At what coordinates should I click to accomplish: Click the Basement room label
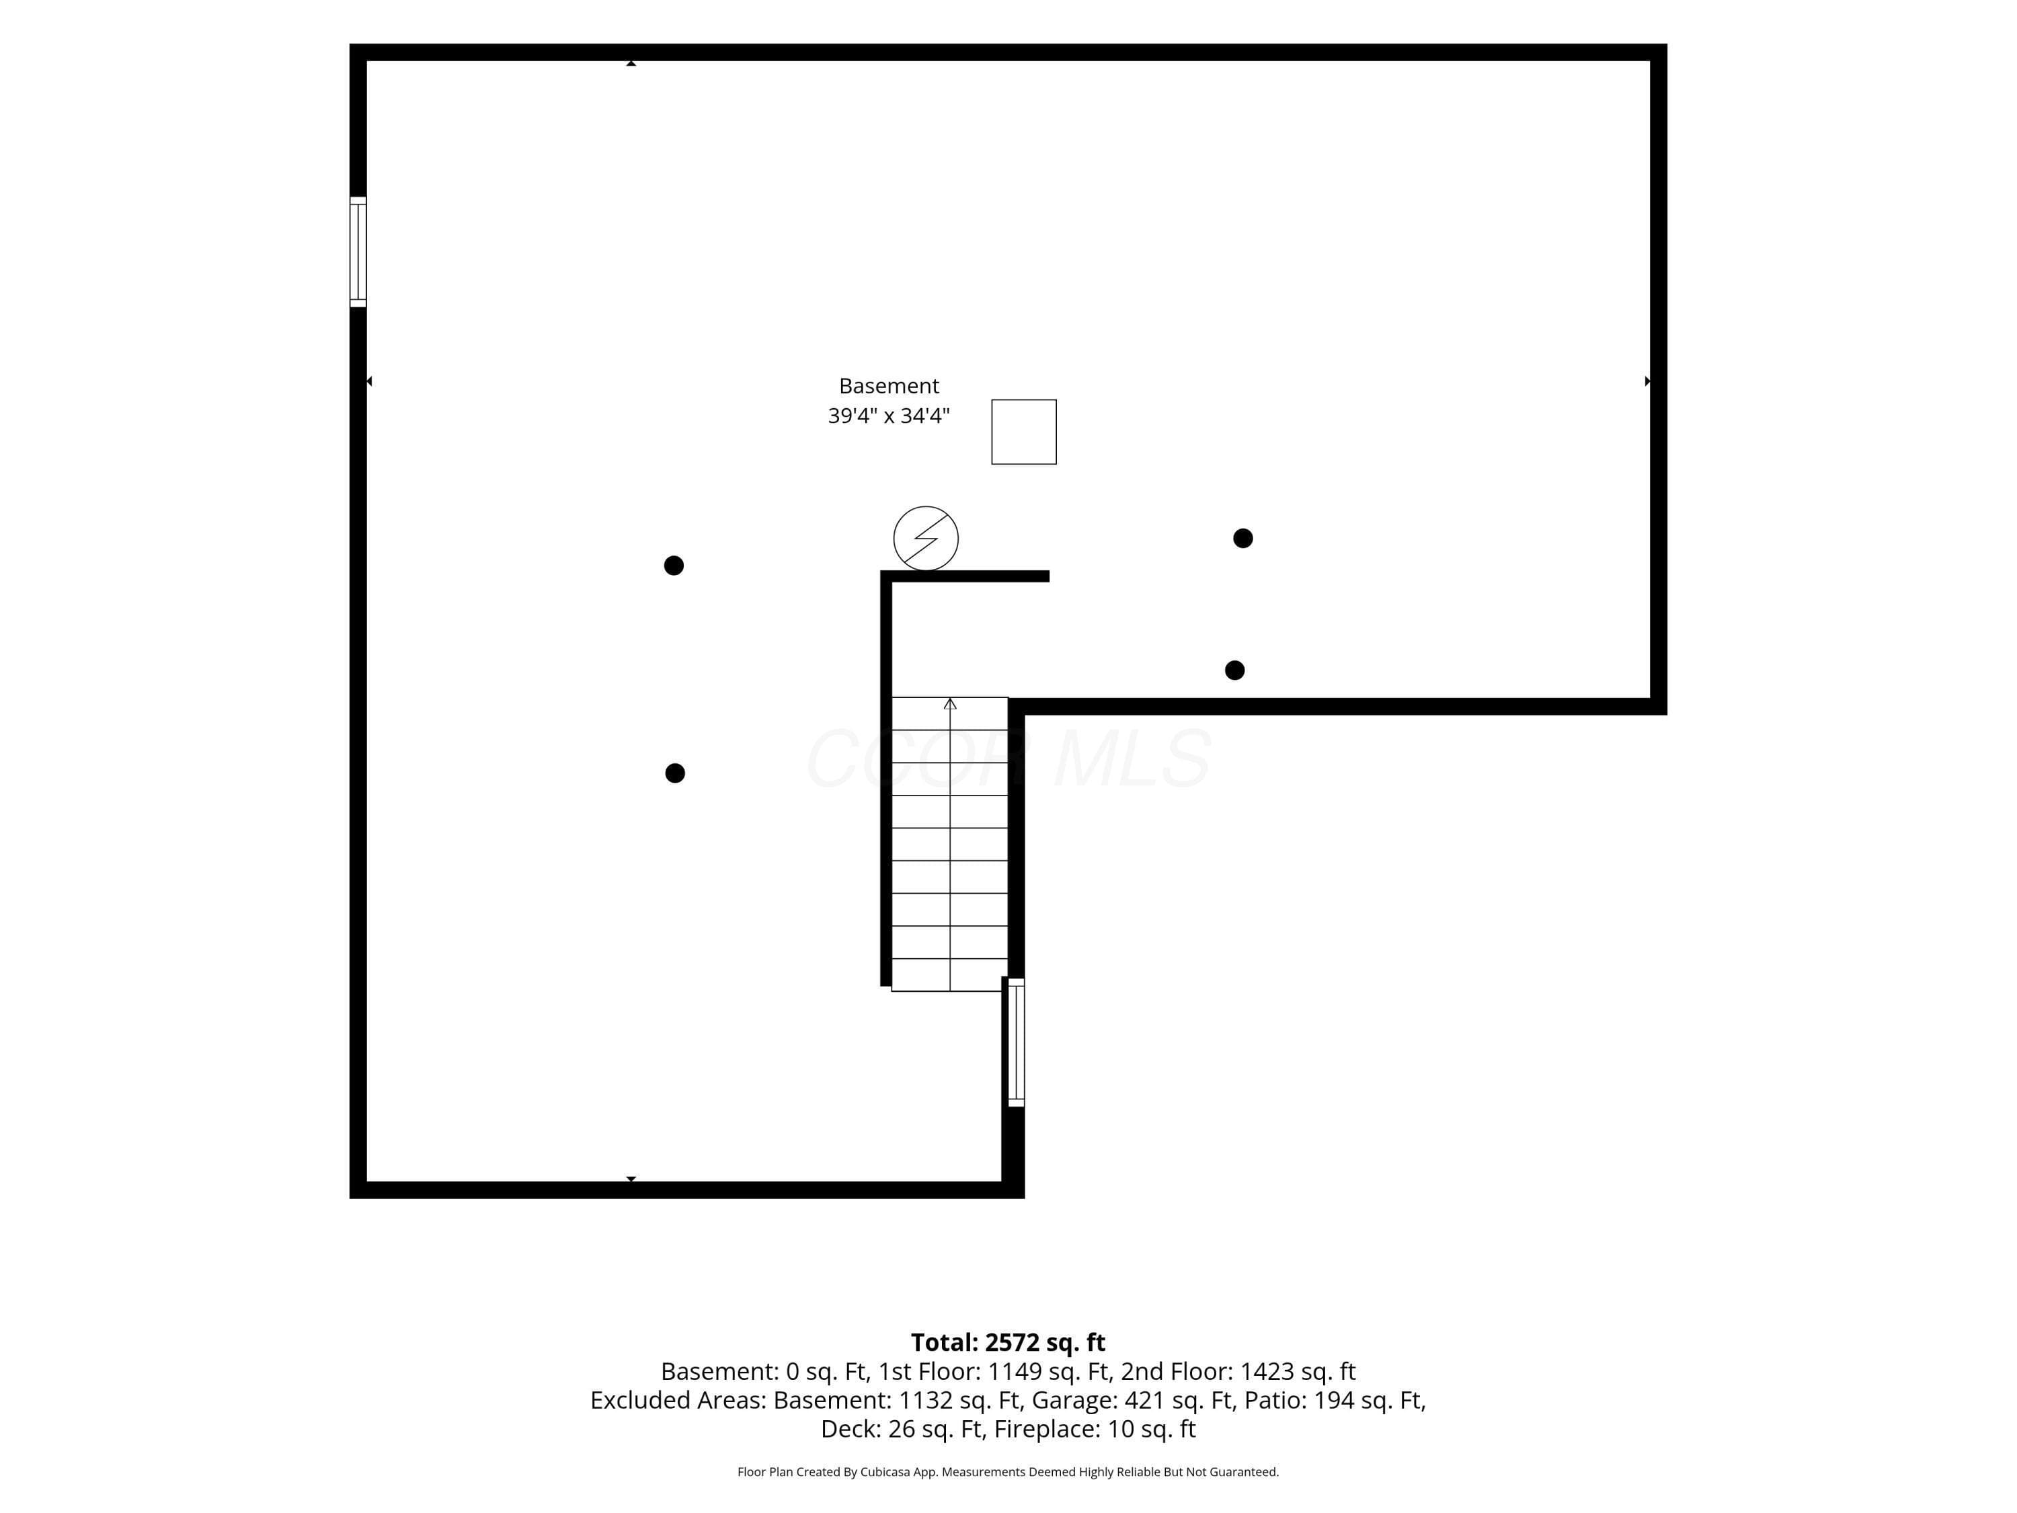[888, 386]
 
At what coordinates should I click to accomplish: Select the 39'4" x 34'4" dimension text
[888, 416]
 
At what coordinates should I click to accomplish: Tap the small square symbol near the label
[1024, 432]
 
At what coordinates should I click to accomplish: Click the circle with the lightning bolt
[926, 538]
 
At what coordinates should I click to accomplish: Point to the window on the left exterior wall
[358, 251]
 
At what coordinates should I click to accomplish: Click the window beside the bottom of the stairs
[1016, 1042]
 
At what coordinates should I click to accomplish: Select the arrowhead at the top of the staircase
[950, 703]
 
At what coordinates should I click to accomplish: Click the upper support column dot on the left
[674, 566]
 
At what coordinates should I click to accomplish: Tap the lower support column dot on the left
[675, 773]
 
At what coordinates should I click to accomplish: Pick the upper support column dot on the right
[1243, 538]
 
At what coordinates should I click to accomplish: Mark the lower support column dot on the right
[1234, 670]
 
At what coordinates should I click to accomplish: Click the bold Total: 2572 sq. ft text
[1008, 1342]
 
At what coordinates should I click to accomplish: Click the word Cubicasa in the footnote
[885, 1472]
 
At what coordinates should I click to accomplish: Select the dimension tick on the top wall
[631, 63]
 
